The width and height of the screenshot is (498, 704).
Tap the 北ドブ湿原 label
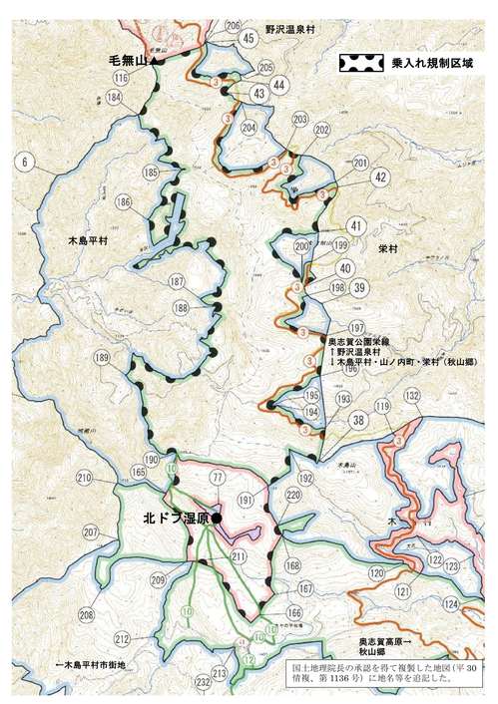pyautogui.click(x=176, y=519)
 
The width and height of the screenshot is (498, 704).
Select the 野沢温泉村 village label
pyautogui.click(x=290, y=30)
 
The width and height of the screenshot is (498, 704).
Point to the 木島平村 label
pyautogui.click(x=88, y=241)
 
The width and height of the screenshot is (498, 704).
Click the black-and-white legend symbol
pyautogui.click(x=361, y=63)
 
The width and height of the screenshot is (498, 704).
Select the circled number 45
pyautogui.click(x=249, y=38)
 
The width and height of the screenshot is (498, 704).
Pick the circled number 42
pyautogui.click(x=379, y=176)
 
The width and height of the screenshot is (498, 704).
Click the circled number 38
pyautogui.click(x=357, y=420)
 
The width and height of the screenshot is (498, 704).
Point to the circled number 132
pyautogui.click(x=411, y=396)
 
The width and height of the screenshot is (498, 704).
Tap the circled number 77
pyautogui.click(x=217, y=479)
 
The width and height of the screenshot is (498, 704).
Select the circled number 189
pyautogui.click(x=101, y=358)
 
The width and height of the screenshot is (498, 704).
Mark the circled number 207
pyautogui.click(x=91, y=533)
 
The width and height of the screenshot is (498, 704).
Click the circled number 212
pyautogui.click(x=122, y=638)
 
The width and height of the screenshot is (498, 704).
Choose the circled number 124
pyautogui.click(x=451, y=605)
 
